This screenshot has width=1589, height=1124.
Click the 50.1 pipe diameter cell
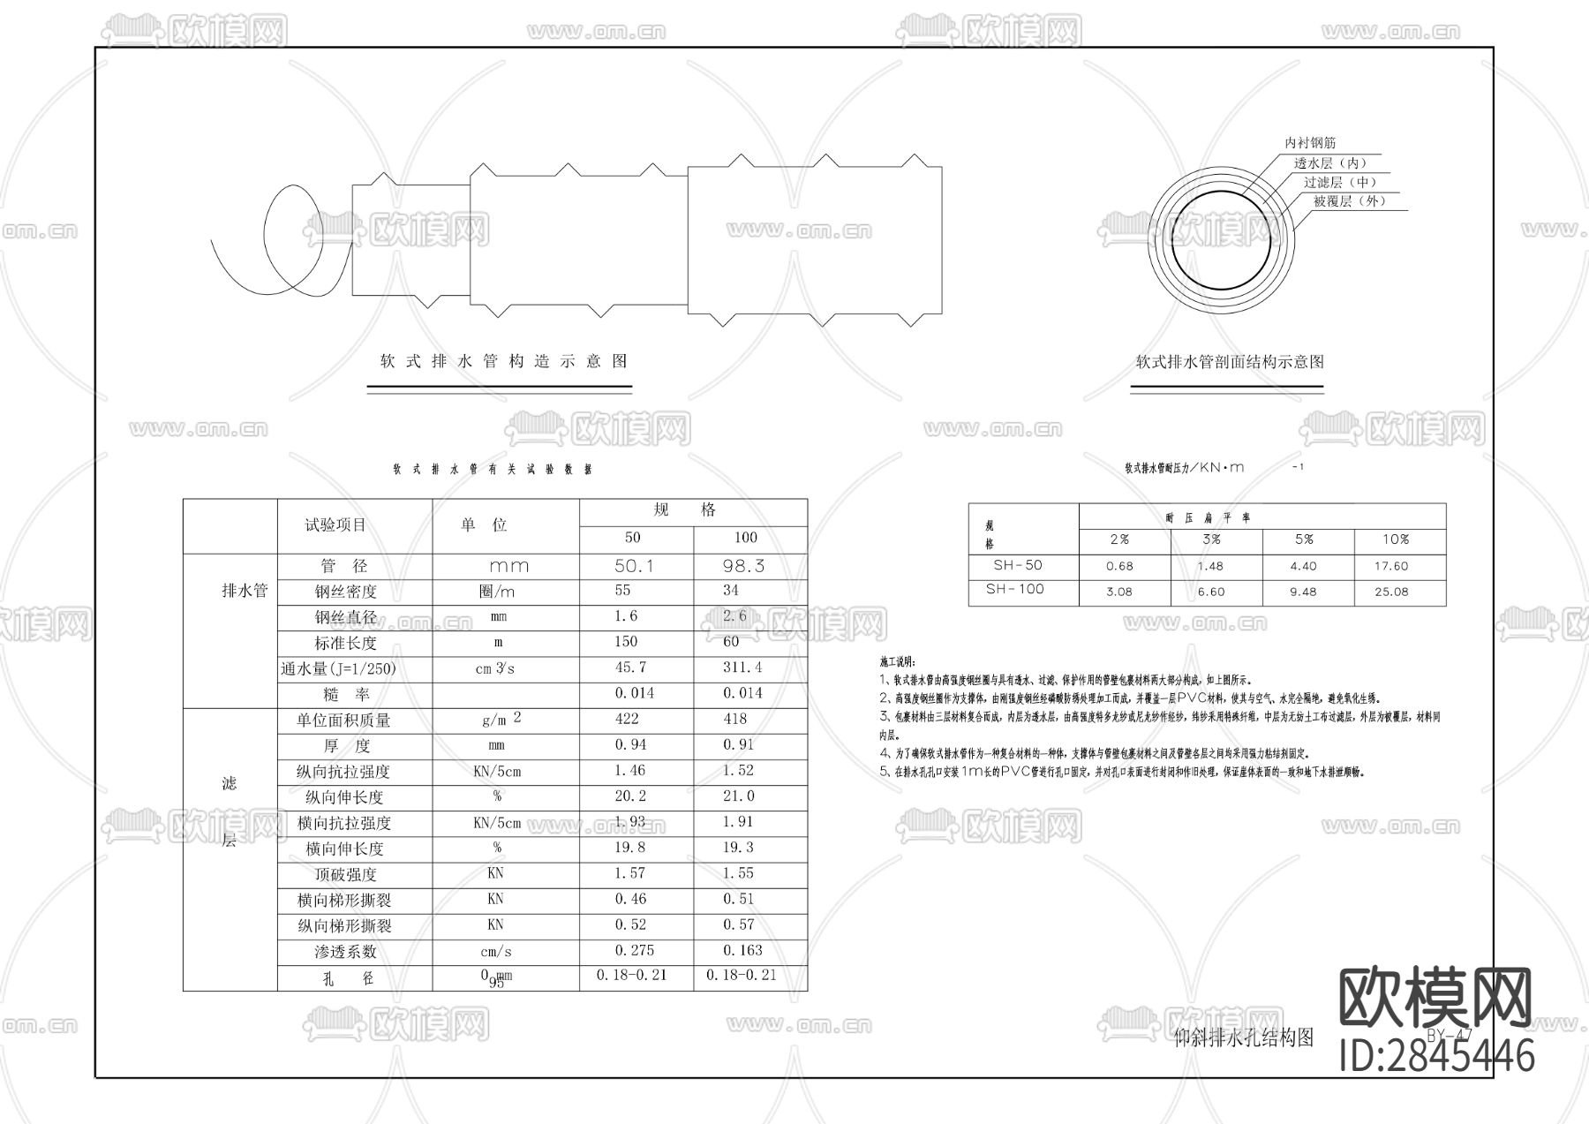(x=634, y=566)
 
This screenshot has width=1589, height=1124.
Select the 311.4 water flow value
(x=742, y=668)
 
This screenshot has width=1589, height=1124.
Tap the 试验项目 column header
(x=335, y=525)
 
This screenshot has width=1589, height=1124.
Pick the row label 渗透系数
(x=344, y=952)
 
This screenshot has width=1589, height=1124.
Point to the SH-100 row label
(x=1014, y=590)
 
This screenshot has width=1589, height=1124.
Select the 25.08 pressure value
(x=1391, y=592)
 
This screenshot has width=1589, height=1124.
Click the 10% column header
(x=1396, y=539)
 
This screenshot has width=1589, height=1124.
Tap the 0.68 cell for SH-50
(x=1119, y=566)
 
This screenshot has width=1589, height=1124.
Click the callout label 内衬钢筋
(x=1310, y=143)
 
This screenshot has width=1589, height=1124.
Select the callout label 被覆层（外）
(x=1349, y=201)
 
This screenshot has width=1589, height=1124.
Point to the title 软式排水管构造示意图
(x=503, y=361)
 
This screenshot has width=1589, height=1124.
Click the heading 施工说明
(x=898, y=661)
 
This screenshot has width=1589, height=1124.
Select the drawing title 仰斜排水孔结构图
(x=1243, y=1038)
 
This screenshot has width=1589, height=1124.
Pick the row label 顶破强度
(x=345, y=875)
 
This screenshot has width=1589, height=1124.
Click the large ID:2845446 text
(x=1437, y=1056)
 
